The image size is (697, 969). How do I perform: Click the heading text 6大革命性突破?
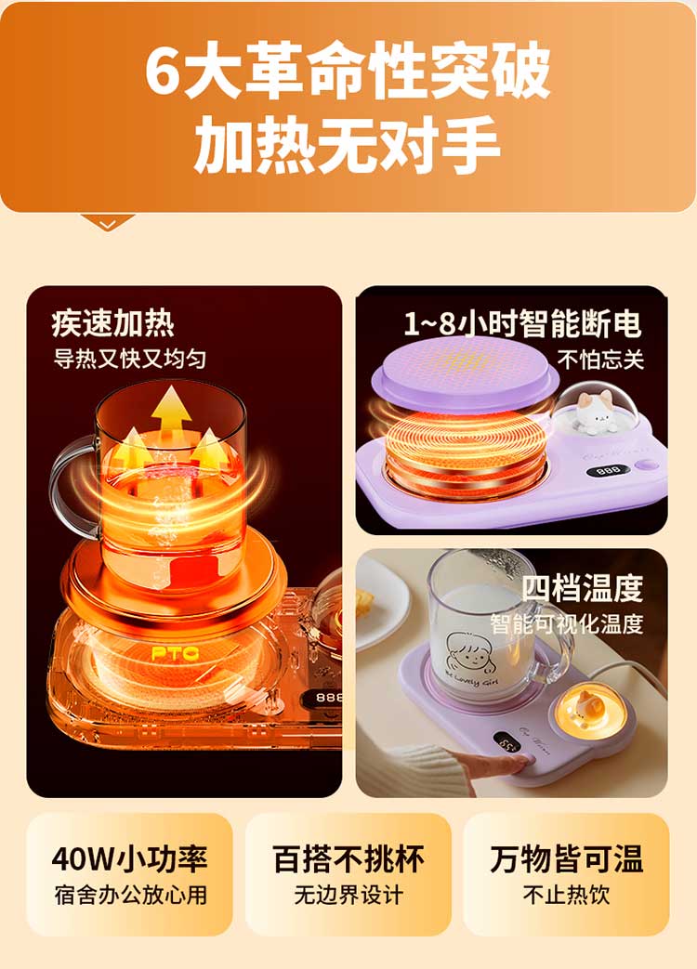[x=348, y=70]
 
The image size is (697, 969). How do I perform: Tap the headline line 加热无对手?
[x=348, y=145]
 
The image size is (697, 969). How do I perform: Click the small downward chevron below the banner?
[x=108, y=224]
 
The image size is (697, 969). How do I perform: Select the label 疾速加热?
[x=113, y=323]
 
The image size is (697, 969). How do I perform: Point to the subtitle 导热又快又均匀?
[x=129, y=359]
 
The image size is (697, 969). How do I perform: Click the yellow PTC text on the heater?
[x=175, y=653]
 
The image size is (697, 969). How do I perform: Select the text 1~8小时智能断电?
[x=522, y=324]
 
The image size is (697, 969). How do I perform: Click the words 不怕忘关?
[x=600, y=359]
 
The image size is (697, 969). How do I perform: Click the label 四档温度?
[x=582, y=588]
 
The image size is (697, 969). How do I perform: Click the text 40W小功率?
[x=129, y=858]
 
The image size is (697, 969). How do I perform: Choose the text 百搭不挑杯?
[x=348, y=858]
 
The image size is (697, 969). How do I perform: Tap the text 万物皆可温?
[x=567, y=858]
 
